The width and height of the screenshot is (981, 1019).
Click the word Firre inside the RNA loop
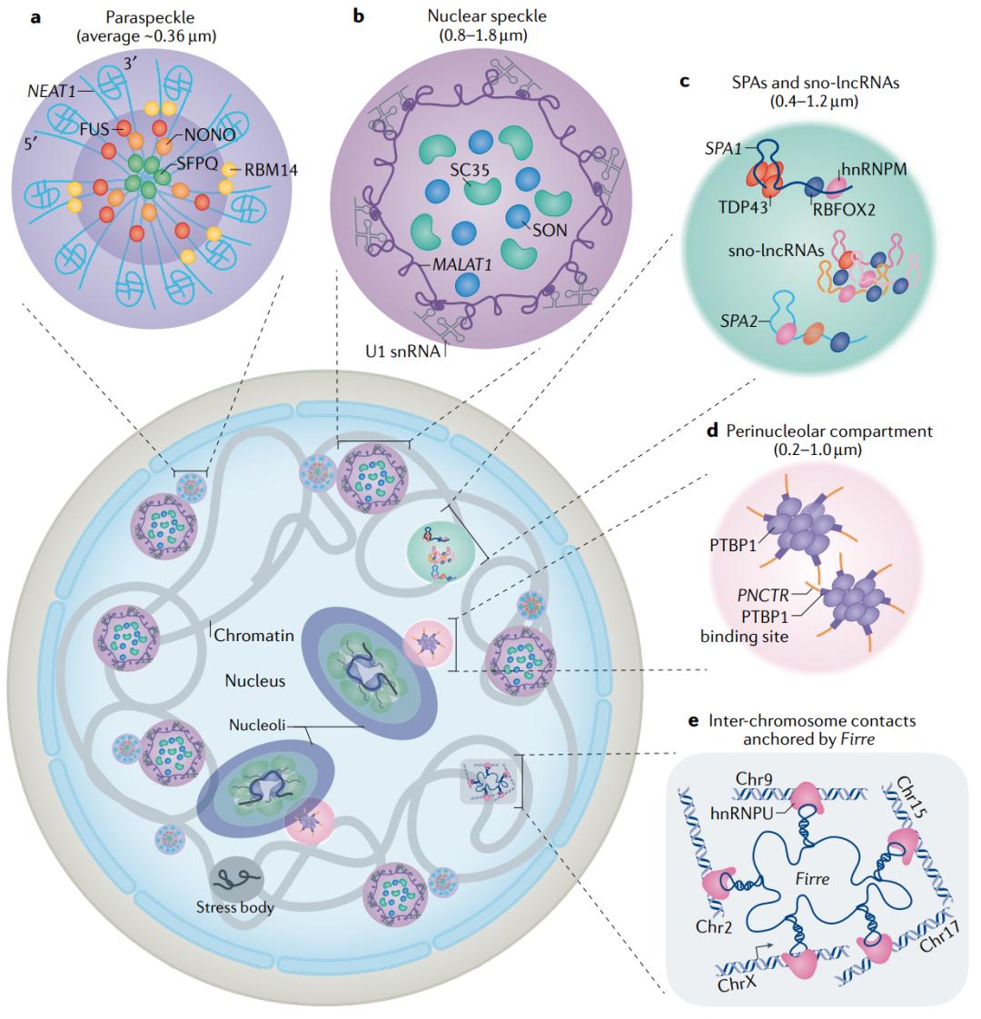pyautogui.click(x=809, y=854)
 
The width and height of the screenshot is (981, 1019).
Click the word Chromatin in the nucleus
pyautogui.click(x=253, y=635)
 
